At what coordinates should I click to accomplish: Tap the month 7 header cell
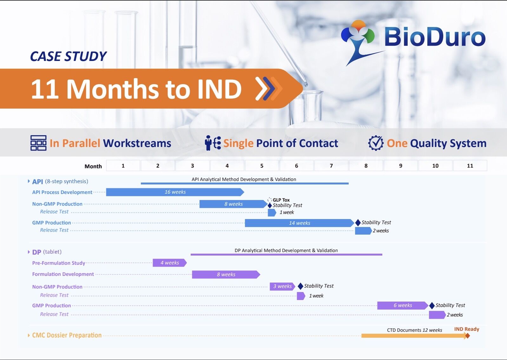[331, 165]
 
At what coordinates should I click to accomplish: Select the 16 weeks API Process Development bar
[175, 192]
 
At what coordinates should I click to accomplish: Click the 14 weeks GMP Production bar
[300, 223]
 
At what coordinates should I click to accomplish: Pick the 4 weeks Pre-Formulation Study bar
[170, 263]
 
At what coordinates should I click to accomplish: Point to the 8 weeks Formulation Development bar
[226, 274]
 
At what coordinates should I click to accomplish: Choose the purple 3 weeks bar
[282, 286]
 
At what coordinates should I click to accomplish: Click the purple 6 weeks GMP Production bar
[403, 305]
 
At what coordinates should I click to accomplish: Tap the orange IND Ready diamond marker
[467, 336]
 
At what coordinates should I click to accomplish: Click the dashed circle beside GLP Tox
[270, 200]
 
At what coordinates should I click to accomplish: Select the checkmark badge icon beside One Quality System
[376, 143]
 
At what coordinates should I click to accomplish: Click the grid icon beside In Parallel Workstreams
[38, 143]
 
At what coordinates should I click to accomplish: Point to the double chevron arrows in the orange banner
[269, 89]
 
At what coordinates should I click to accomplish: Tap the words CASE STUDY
[68, 56]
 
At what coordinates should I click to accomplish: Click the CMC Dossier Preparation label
[67, 335]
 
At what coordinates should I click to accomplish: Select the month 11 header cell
[470, 165]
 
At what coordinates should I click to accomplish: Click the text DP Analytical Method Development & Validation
[286, 250]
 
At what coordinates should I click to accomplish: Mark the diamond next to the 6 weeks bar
[432, 306]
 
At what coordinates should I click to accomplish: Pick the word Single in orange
[238, 143]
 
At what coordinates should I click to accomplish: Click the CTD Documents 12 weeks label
[414, 330]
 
